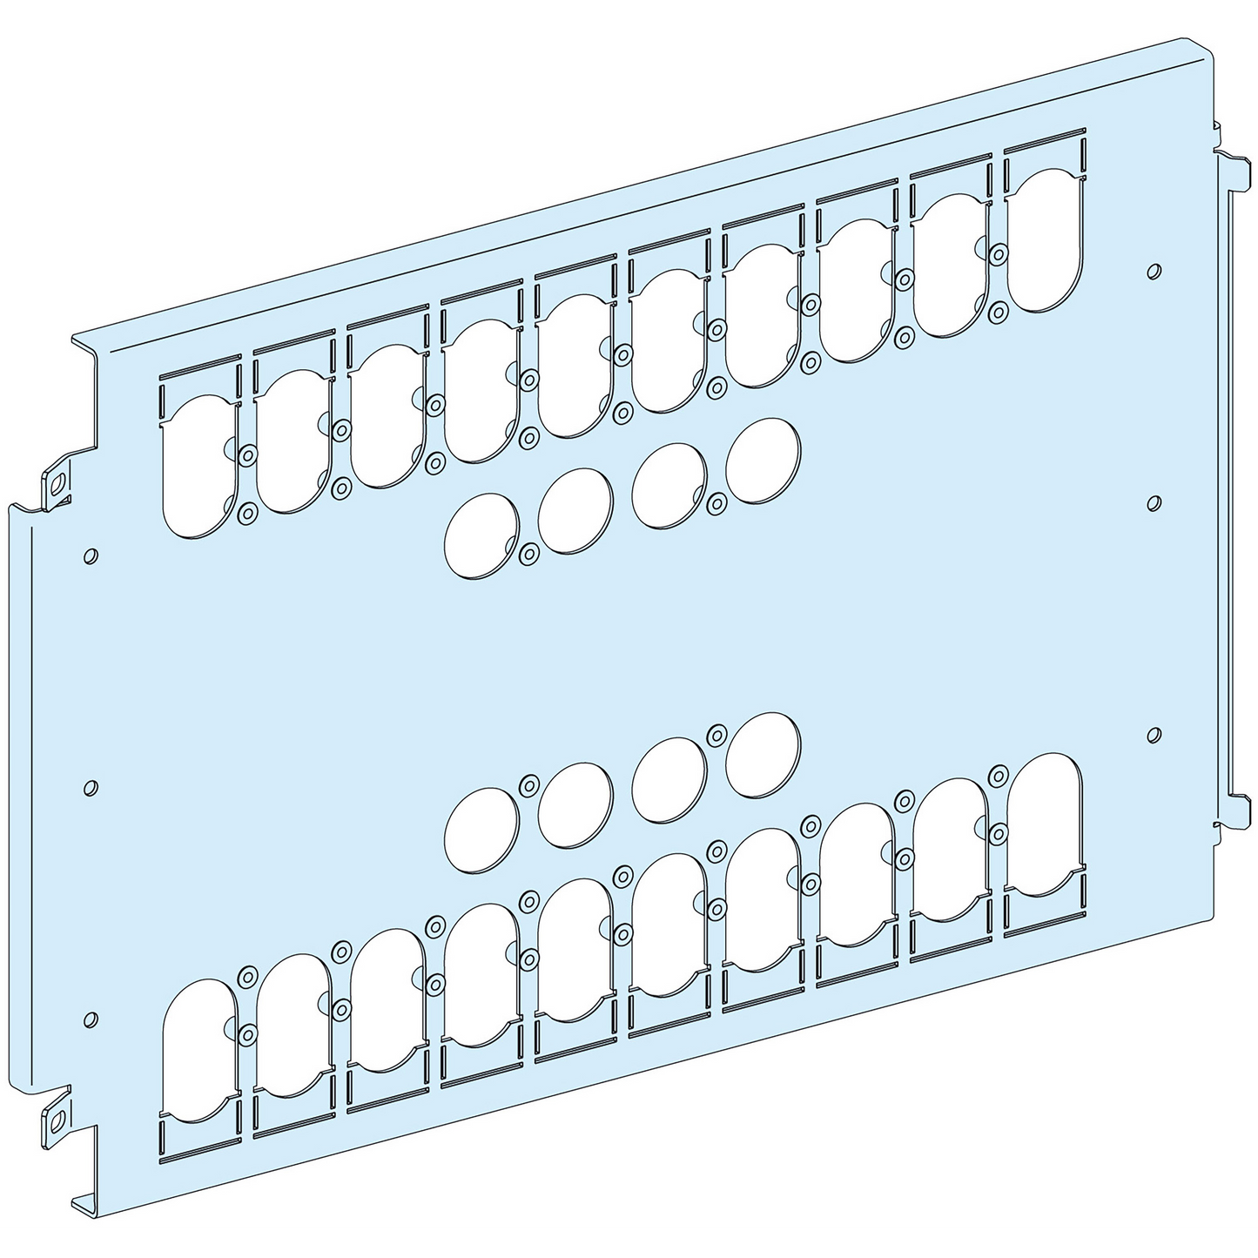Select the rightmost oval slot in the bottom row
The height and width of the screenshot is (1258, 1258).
[1046, 823]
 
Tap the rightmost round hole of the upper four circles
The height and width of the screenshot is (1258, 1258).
[763, 461]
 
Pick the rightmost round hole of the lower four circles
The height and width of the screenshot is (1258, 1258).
[763, 754]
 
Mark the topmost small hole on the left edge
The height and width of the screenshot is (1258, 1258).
[91, 555]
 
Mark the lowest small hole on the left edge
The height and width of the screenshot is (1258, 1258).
[90, 1019]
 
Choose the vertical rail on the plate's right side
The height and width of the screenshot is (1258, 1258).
[1231, 488]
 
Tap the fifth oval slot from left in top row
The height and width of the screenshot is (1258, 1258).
[575, 365]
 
